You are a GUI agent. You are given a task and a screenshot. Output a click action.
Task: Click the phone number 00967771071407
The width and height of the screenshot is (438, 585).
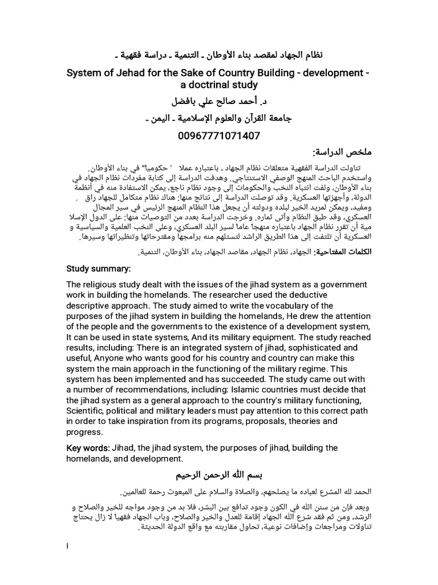click(x=219, y=135)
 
